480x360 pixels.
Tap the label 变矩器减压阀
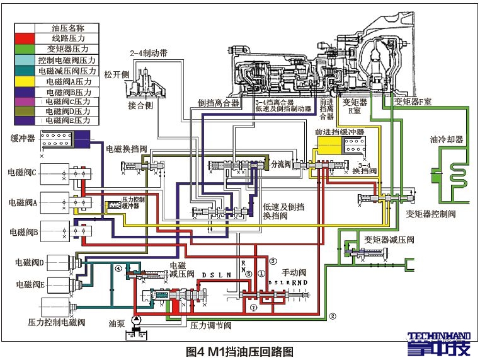coord(389,239)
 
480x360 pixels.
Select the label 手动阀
coord(293,273)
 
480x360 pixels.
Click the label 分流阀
coord(278,163)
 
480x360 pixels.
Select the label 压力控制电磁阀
coord(55,322)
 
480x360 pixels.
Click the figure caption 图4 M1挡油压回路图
coord(240,351)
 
